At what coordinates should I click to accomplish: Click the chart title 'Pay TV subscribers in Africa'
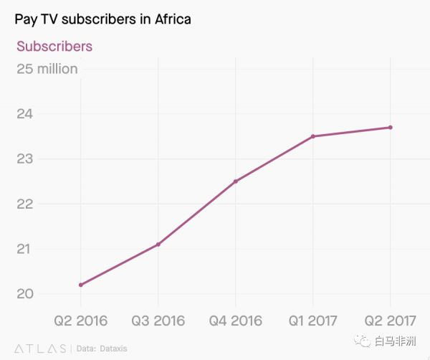click(102, 19)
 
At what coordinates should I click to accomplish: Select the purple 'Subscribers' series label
click(54, 47)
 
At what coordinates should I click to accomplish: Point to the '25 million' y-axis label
click(47, 69)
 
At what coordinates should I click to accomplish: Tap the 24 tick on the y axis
click(25, 114)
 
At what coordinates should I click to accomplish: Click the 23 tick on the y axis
click(25, 159)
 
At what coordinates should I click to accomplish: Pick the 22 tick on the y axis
click(25, 204)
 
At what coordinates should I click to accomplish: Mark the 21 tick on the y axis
click(25, 250)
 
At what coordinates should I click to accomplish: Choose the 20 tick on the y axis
click(25, 294)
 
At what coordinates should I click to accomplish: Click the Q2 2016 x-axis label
click(81, 320)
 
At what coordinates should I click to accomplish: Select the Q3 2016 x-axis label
click(158, 320)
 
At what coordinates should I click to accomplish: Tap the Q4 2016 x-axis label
click(236, 320)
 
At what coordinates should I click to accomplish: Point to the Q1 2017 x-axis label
click(313, 320)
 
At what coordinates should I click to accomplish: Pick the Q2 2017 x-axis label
click(391, 320)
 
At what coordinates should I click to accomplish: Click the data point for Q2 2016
click(81, 285)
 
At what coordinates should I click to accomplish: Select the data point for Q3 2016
click(158, 245)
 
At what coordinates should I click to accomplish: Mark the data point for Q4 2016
click(236, 181)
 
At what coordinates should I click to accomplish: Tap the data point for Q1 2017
click(313, 136)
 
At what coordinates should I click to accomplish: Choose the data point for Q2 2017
click(391, 128)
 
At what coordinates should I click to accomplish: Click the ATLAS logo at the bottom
click(40, 348)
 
